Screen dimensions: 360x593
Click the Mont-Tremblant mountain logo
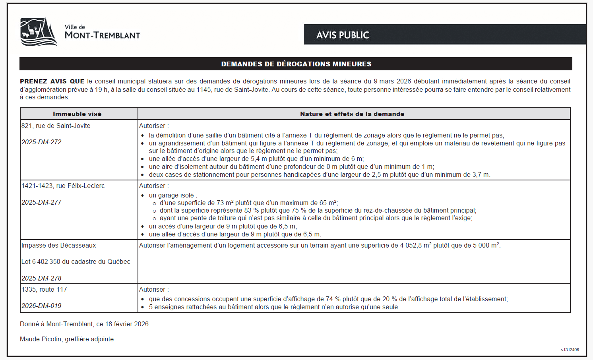[39, 32]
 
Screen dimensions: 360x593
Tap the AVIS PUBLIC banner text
[343, 35]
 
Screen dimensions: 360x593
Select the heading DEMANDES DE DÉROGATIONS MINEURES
[296, 64]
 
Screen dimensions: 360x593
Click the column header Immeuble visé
[77, 114]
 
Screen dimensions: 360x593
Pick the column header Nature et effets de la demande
[352, 114]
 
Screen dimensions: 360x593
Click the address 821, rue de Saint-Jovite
[56, 126]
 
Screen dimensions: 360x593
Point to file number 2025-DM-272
[41, 142]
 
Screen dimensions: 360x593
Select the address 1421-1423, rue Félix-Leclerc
[63, 186]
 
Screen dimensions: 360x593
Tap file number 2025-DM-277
[41, 203]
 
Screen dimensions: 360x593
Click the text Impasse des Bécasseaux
[59, 246]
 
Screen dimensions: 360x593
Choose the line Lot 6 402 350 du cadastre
[76, 262]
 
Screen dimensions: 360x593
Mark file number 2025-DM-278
[41, 279]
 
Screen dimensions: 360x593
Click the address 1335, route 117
[44, 290]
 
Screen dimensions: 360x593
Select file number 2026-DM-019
[41, 306]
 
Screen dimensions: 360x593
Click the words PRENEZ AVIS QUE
[52, 81]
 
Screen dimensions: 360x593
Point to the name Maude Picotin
[41, 339]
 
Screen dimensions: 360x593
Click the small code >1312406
[570, 350]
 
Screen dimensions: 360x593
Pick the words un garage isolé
[171, 195]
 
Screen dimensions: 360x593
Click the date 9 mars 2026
[392, 81]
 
